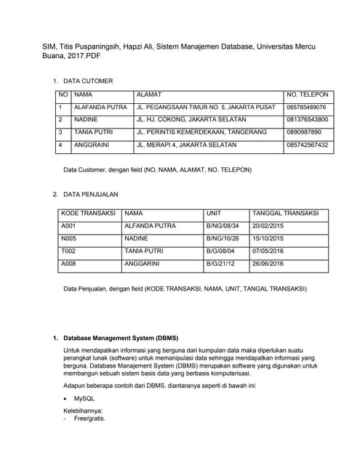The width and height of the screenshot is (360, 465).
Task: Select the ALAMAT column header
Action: click(x=148, y=94)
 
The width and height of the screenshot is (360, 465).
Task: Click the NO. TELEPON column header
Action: click(x=308, y=94)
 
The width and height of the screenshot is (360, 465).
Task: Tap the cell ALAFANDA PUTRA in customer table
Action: click(x=100, y=108)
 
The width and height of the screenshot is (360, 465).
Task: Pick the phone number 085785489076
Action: click(x=307, y=108)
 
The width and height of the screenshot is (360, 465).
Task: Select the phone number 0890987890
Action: click(x=304, y=132)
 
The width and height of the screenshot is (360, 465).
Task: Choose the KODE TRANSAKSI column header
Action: click(x=88, y=214)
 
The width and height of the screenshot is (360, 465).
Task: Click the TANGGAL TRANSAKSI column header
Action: click(x=285, y=214)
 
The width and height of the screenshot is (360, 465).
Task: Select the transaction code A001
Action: click(x=69, y=226)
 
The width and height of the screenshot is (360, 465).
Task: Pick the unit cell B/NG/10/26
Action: click(x=223, y=238)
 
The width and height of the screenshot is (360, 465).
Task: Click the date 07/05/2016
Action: click(x=268, y=251)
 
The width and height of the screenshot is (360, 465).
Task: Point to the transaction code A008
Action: click(x=69, y=264)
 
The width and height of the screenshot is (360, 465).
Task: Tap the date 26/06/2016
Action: click(x=268, y=264)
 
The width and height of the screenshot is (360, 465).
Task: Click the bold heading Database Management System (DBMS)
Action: click(x=121, y=339)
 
